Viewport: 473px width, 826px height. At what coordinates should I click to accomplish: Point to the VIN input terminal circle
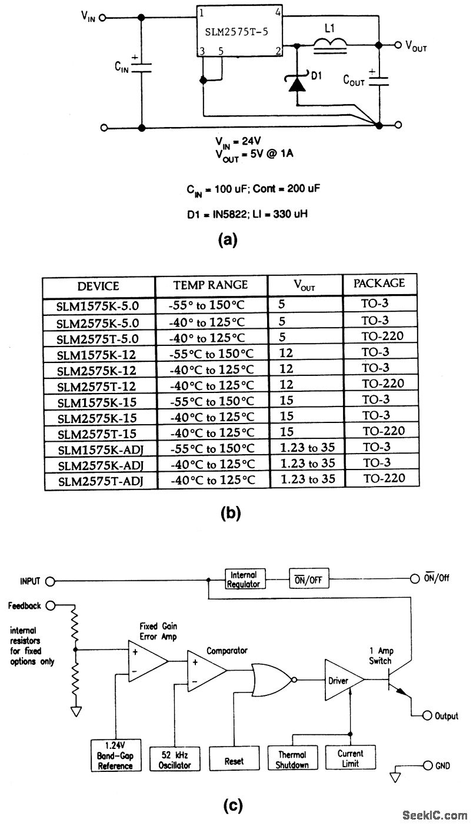(104, 18)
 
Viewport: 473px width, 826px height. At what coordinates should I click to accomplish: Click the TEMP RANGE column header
(210, 285)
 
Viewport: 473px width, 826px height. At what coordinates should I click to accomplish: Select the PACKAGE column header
(379, 283)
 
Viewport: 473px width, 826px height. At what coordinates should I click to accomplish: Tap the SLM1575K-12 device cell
(97, 354)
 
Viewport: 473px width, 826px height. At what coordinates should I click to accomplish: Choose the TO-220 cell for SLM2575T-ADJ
(383, 478)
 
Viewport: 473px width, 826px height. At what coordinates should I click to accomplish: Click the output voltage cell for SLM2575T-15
(287, 431)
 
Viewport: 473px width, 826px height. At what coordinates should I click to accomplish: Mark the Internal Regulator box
(244, 579)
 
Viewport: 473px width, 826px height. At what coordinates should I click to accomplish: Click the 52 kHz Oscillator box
(175, 759)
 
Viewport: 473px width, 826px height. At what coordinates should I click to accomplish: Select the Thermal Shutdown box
(292, 758)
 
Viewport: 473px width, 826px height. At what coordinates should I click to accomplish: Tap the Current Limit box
(350, 758)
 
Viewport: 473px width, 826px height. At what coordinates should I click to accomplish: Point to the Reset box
(234, 761)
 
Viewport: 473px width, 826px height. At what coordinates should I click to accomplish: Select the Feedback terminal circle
(51, 605)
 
